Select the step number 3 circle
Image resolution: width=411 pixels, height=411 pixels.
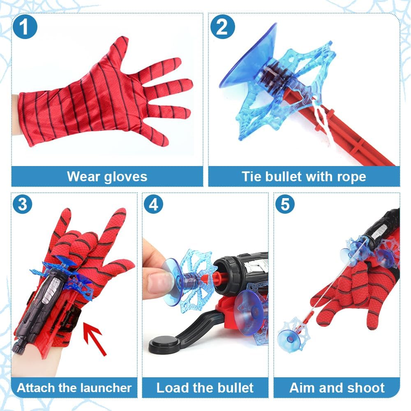coord(23,205)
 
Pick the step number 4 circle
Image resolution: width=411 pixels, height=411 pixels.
coord(153,204)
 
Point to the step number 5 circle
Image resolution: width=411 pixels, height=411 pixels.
coord(285,204)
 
